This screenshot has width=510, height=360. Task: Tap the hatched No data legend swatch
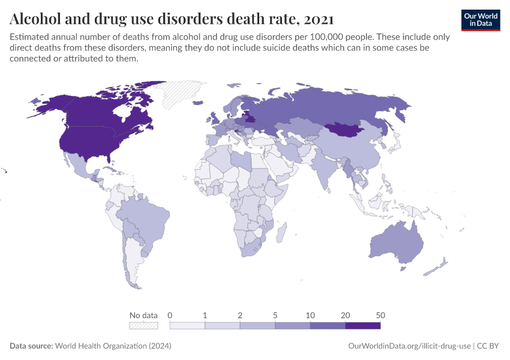(x=144, y=325)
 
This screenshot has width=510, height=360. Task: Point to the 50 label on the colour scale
(x=380, y=315)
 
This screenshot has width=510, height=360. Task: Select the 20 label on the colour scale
(x=346, y=315)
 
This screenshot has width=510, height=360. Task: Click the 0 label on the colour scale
(x=170, y=315)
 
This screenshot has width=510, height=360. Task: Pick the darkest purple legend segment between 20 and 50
(x=363, y=325)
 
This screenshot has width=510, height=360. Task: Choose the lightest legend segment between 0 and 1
(x=188, y=325)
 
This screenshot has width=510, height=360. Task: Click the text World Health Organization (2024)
(x=113, y=346)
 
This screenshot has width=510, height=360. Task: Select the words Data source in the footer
(x=31, y=346)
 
